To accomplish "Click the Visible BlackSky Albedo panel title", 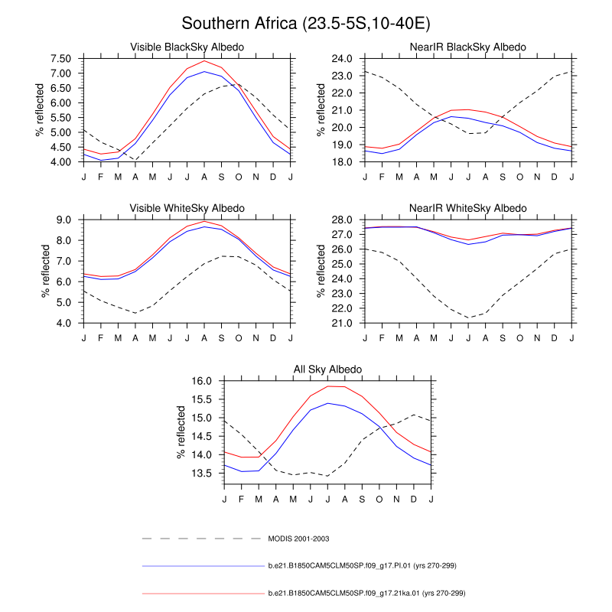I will click(x=187, y=47).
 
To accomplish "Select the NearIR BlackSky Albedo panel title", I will click(x=469, y=47).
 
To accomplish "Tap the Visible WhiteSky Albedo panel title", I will click(x=187, y=208).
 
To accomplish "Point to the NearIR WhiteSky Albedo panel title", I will click(x=469, y=208).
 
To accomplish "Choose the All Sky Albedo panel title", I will click(x=328, y=369).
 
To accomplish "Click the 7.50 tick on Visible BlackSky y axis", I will click(x=61, y=59).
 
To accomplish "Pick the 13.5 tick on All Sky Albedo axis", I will click(x=204, y=473).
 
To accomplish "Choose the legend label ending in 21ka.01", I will click(x=366, y=593).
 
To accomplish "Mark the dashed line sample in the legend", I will click(x=202, y=539).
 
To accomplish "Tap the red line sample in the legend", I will click(x=202, y=593).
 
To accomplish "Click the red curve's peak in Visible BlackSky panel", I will click(x=204, y=61).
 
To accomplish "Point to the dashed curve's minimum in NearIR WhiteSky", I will click(x=469, y=317).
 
